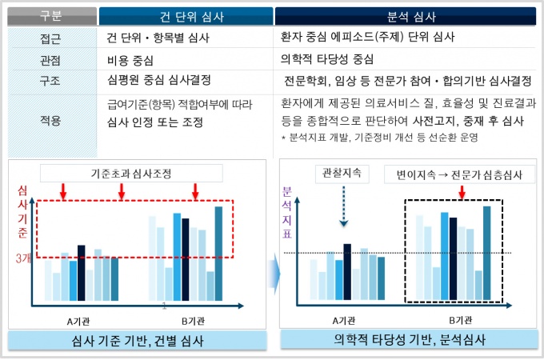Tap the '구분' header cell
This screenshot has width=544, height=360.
[x=50, y=15]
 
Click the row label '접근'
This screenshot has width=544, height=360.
[x=50, y=38]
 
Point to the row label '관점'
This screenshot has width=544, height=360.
[x=50, y=59]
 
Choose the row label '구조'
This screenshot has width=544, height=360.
[x=50, y=81]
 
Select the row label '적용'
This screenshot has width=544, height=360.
[x=50, y=120]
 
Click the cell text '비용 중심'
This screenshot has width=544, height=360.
[x=130, y=59]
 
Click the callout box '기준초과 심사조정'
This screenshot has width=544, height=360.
[x=130, y=172]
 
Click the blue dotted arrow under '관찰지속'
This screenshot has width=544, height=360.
[x=342, y=206]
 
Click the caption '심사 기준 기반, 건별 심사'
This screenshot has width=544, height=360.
[x=138, y=340]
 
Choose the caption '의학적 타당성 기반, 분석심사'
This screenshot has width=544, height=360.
[x=409, y=339]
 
